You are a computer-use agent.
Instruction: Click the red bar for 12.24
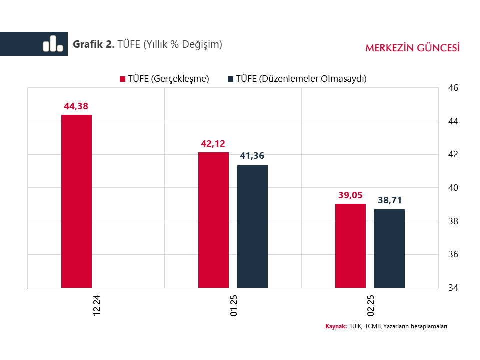click(76, 201)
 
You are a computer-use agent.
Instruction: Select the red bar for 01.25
click(213, 220)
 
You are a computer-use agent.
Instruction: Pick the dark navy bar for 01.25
click(252, 226)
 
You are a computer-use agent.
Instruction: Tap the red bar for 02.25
click(350, 246)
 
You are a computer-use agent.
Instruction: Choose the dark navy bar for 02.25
click(389, 248)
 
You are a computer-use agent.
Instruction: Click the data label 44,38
click(76, 106)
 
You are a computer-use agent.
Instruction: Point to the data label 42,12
click(213, 144)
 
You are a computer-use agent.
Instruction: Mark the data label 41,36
click(252, 156)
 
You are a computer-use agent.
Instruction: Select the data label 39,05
click(350, 195)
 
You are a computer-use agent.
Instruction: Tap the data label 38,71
click(389, 201)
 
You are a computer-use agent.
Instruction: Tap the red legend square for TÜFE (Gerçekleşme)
click(122, 79)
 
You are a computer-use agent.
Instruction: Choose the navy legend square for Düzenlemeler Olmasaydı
click(231, 79)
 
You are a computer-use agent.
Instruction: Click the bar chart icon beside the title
click(53, 44)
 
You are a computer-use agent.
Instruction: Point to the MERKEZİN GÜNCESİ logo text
click(413, 48)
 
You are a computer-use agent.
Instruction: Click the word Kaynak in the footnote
click(336, 326)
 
